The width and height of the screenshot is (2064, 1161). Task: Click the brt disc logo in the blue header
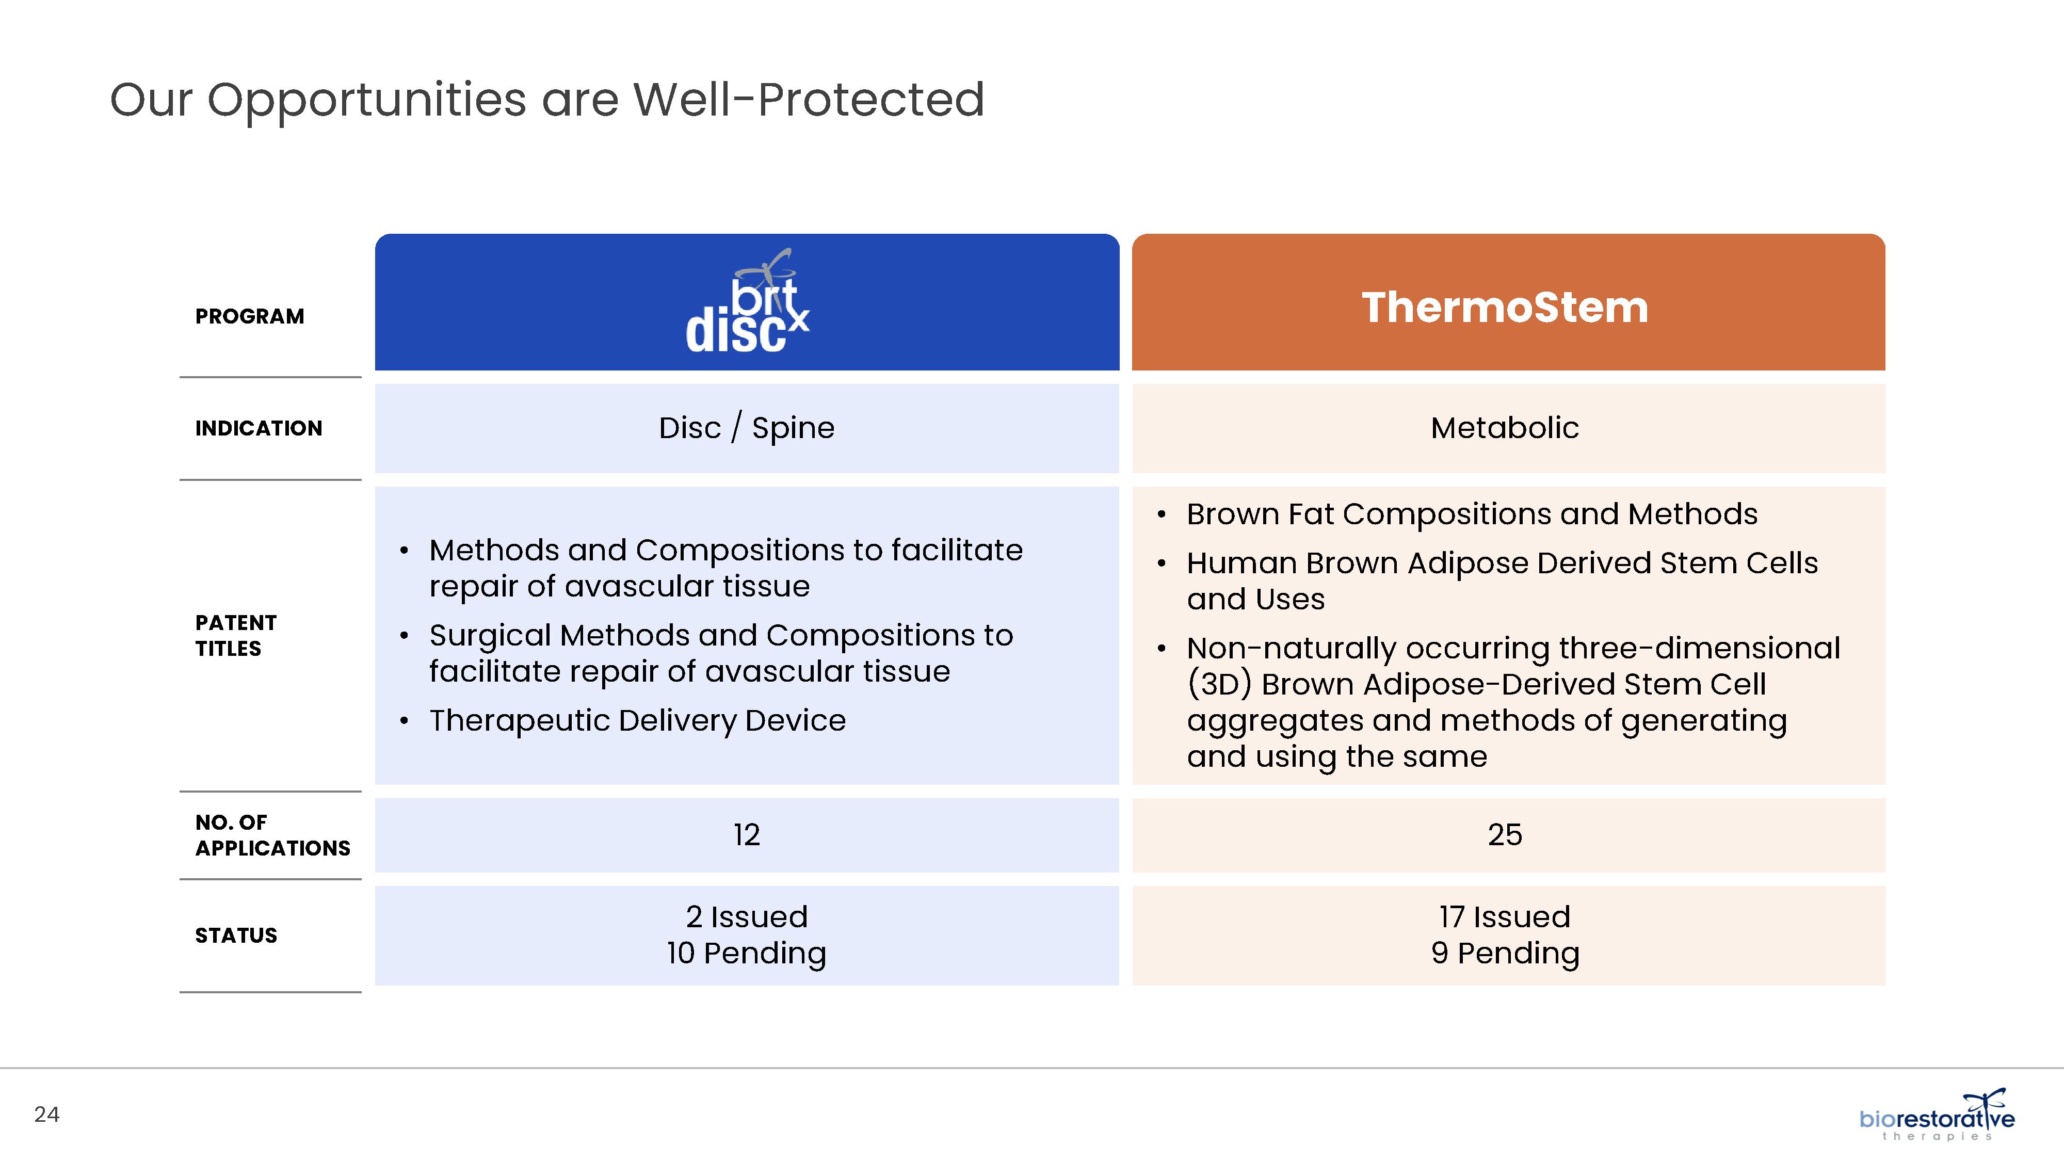pyautogui.click(x=747, y=302)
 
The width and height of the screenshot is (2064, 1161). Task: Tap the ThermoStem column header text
pyautogui.click(x=1505, y=307)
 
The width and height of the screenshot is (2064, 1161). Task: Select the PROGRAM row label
pyautogui.click(x=250, y=316)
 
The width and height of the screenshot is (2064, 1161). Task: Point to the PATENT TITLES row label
pyautogui.click(x=236, y=635)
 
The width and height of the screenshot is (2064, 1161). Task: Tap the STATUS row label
pyautogui.click(x=236, y=935)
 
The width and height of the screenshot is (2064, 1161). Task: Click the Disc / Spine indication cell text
pyautogui.click(x=747, y=428)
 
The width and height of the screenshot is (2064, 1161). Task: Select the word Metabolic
pyautogui.click(x=1505, y=428)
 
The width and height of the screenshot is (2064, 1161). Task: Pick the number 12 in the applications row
pyautogui.click(x=747, y=835)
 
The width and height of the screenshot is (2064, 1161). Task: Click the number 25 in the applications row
pyautogui.click(x=1505, y=835)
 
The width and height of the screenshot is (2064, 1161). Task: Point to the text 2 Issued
pyautogui.click(x=747, y=916)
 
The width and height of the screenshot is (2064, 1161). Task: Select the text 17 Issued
pyautogui.click(x=1505, y=916)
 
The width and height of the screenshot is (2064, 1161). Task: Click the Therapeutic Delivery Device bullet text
pyautogui.click(x=637, y=720)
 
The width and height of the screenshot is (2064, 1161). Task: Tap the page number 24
pyautogui.click(x=46, y=1115)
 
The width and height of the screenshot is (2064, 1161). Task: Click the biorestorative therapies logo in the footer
pyautogui.click(x=1937, y=1115)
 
